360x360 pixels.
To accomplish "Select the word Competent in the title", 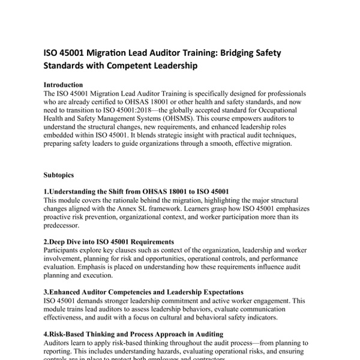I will pos(141,66).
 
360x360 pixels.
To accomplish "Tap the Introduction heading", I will pos(63,85).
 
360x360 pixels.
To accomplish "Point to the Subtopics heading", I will pos(58,176).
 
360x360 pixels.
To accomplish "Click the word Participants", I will pos(64,250).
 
